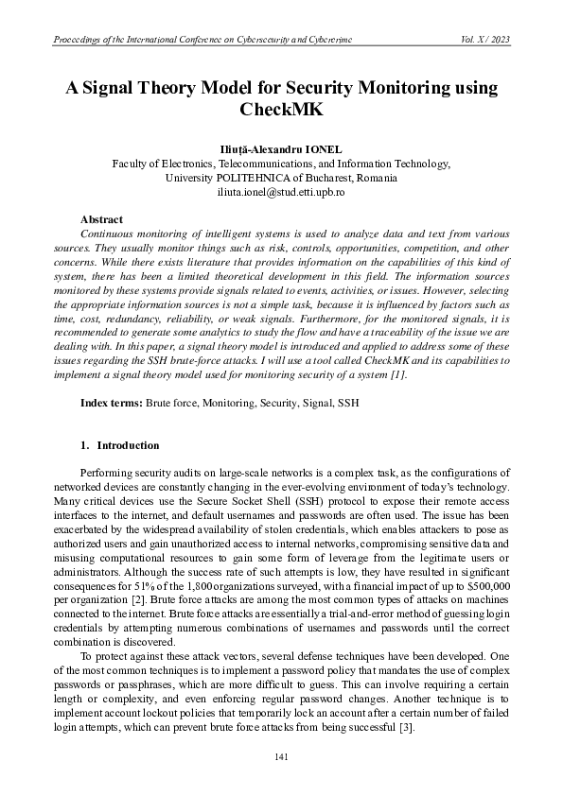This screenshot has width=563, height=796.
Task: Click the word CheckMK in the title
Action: [x=281, y=110]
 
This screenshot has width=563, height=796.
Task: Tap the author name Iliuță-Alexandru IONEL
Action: [x=281, y=150]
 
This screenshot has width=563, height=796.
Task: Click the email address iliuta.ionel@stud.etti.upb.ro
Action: [x=281, y=191]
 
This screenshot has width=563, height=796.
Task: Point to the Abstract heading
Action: [x=101, y=219]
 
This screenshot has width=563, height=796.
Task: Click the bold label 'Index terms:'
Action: [x=112, y=403]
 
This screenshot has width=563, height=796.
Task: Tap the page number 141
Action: [x=281, y=756]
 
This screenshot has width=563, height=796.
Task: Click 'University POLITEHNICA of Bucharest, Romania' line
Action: [x=281, y=177]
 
